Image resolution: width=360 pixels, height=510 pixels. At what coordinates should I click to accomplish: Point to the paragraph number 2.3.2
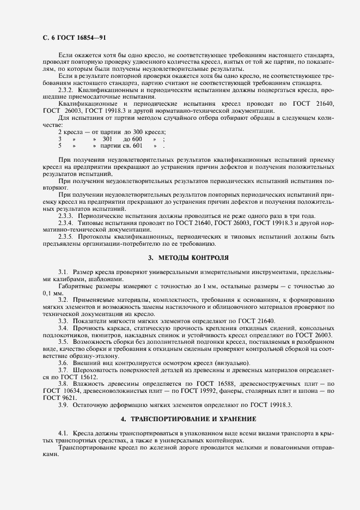67,88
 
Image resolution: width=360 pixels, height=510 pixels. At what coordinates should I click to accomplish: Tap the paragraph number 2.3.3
67,215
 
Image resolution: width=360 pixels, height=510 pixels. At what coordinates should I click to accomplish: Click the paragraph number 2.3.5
67,236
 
